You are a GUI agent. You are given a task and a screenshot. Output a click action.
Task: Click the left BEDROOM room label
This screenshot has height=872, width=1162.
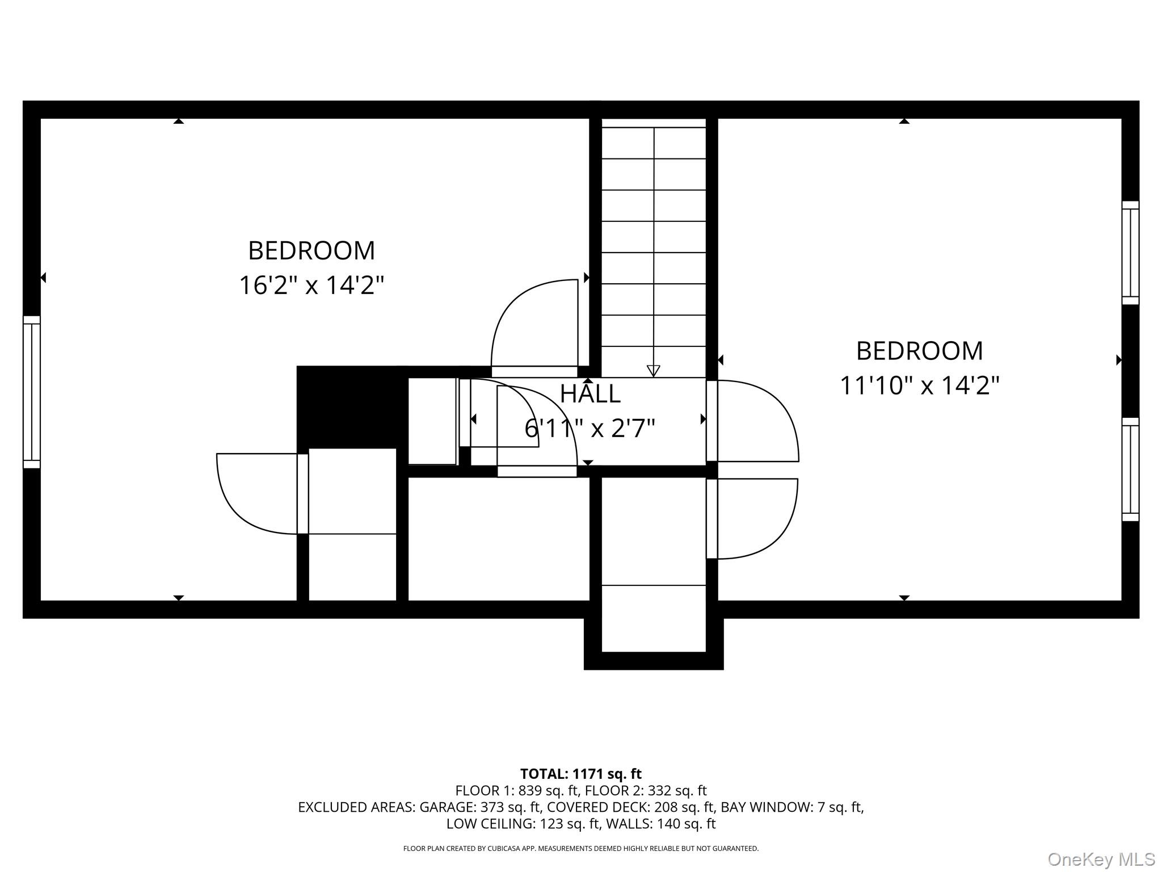click(311, 251)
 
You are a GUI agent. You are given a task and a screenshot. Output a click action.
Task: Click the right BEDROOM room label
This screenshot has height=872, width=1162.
click(919, 351)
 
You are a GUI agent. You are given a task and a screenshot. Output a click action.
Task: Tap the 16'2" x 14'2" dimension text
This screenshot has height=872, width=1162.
click(311, 285)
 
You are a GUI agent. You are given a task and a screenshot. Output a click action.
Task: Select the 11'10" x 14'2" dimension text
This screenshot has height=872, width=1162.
click(919, 385)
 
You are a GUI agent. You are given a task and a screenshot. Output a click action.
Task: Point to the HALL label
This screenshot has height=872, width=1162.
click(590, 394)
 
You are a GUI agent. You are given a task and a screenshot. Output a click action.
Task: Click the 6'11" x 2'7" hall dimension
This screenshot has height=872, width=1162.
click(590, 428)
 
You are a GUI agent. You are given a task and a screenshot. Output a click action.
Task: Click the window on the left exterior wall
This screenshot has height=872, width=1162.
click(32, 392)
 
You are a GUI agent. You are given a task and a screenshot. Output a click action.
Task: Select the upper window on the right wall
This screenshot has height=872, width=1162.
click(1130, 253)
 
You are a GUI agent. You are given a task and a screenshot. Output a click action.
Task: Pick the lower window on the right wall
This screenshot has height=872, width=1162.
click(1130, 469)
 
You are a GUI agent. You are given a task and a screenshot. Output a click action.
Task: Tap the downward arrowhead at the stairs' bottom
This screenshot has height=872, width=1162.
click(653, 371)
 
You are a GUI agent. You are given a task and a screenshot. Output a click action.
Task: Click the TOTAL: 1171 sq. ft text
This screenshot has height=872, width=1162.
click(581, 774)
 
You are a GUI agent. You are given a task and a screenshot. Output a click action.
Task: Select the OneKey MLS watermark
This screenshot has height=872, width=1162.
click(1101, 860)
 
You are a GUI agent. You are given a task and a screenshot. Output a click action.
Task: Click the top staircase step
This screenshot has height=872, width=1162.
click(653, 142)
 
